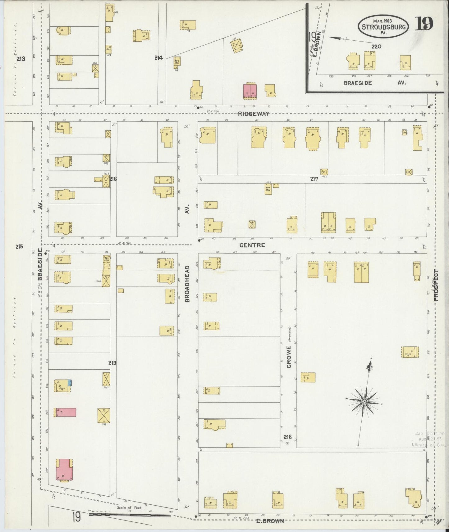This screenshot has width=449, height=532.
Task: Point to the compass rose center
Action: [x=364, y=402]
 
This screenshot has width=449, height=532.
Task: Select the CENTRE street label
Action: [x=252, y=245]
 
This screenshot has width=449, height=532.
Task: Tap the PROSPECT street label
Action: [x=436, y=286]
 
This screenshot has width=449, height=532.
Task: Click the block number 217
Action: [x=314, y=179]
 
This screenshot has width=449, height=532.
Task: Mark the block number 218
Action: [x=287, y=437]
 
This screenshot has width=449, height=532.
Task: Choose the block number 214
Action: [x=159, y=57]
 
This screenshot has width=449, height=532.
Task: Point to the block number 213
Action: [x=21, y=59]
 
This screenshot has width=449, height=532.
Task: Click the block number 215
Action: [x=19, y=247]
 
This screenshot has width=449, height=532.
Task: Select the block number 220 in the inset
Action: [x=376, y=47]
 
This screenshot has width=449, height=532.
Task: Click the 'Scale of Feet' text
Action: [x=130, y=508]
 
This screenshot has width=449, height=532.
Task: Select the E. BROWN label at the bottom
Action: [x=270, y=521]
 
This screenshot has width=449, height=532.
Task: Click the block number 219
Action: [x=112, y=363]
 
